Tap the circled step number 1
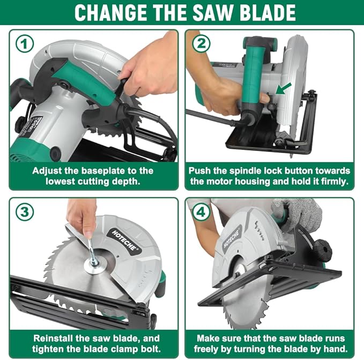click(24, 44)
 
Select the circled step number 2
click(200, 44)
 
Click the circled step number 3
click(24, 213)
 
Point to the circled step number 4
click(200, 213)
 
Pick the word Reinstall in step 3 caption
click(54, 338)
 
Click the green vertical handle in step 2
click(254, 70)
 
